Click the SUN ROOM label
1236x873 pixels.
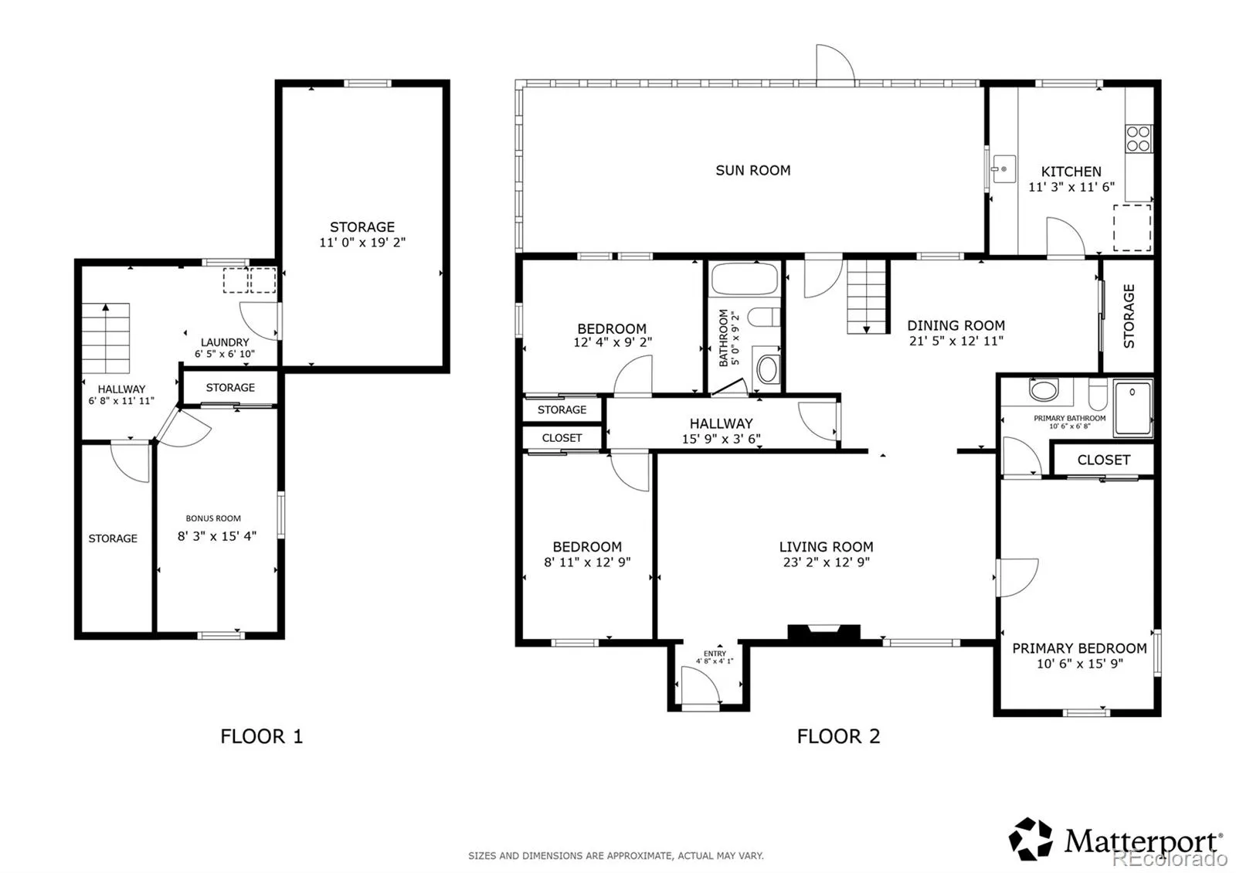click(752, 171)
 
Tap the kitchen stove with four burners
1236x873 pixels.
click(1138, 138)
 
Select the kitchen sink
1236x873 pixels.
click(1003, 169)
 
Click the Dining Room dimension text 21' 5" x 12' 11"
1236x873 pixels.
click(956, 341)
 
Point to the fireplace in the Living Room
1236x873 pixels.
click(823, 633)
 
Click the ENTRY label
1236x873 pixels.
click(715, 654)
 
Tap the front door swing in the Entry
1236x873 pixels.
click(700, 684)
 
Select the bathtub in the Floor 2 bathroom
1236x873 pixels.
click(745, 279)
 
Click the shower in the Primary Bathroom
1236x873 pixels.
click(1132, 407)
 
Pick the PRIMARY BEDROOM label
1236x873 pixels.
click(1079, 648)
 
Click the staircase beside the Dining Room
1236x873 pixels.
click(867, 297)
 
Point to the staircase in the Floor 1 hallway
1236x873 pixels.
click(106, 338)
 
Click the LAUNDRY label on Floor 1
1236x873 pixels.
click(225, 342)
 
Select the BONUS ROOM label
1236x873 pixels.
click(213, 518)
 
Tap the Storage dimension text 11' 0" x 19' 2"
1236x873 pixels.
click(362, 243)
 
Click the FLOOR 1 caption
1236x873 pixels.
click(262, 736)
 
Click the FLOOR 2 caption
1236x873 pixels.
click(838, 736)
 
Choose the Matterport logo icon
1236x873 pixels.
click(1031, 838)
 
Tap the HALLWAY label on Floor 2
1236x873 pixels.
click(722, 423)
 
